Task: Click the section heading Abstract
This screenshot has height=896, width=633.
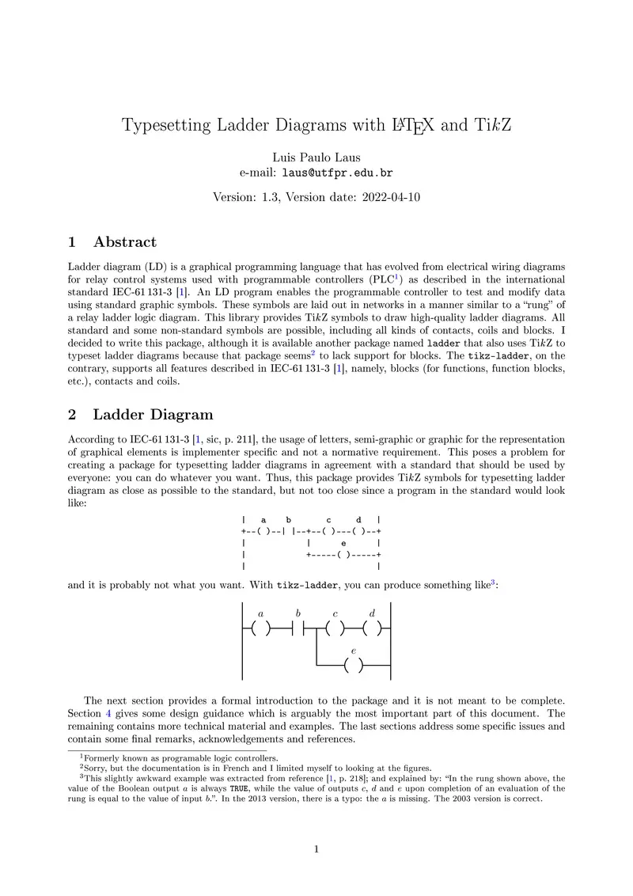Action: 124,242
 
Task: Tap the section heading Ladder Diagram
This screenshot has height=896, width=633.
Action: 153,415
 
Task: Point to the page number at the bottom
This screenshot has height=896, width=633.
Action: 316,850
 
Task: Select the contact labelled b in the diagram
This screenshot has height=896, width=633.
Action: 298,629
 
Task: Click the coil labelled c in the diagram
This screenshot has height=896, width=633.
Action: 335,629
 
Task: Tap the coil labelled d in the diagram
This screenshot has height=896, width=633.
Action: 373,629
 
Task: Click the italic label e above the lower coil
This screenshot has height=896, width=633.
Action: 354,651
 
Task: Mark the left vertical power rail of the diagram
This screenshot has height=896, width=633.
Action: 241,641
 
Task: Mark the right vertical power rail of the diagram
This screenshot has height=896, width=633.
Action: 392,641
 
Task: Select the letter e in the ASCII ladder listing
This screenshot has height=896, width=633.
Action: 343,544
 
